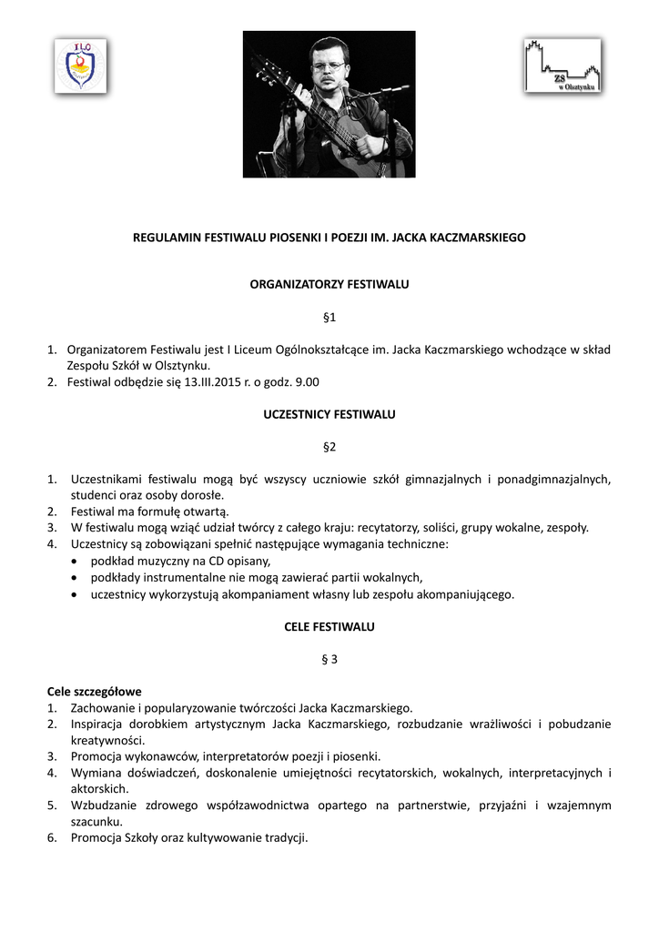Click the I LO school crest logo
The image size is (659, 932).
[80, 66]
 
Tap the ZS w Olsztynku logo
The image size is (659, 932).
[562, 66]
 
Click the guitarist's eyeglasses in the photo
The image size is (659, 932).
[328, 66]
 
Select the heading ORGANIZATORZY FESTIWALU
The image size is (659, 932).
[329, 284]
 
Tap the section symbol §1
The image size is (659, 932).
[329, 317]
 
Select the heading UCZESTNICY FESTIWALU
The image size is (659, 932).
[329, 414]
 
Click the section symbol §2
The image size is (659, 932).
[329, 447]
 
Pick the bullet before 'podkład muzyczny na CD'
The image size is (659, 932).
[73, 562]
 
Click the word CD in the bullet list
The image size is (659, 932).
[215, 561]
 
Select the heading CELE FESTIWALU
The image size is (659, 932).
[329, 627]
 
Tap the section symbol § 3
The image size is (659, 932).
[329, 660]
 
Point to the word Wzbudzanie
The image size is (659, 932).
[100, 805]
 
